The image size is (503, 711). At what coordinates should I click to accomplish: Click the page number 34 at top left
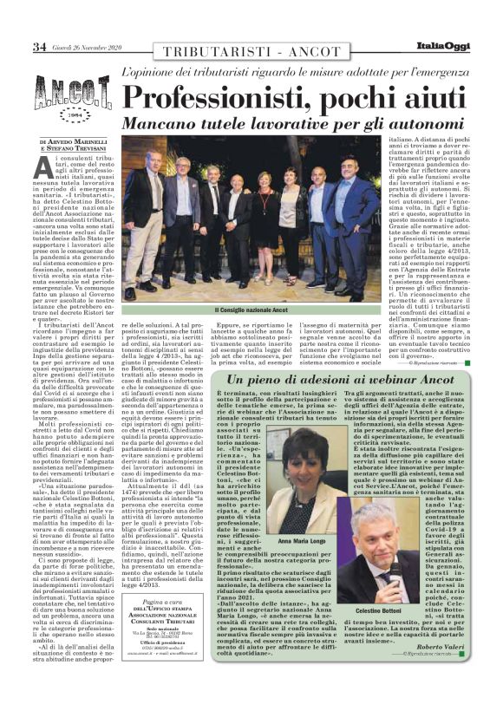coord(16,47)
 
